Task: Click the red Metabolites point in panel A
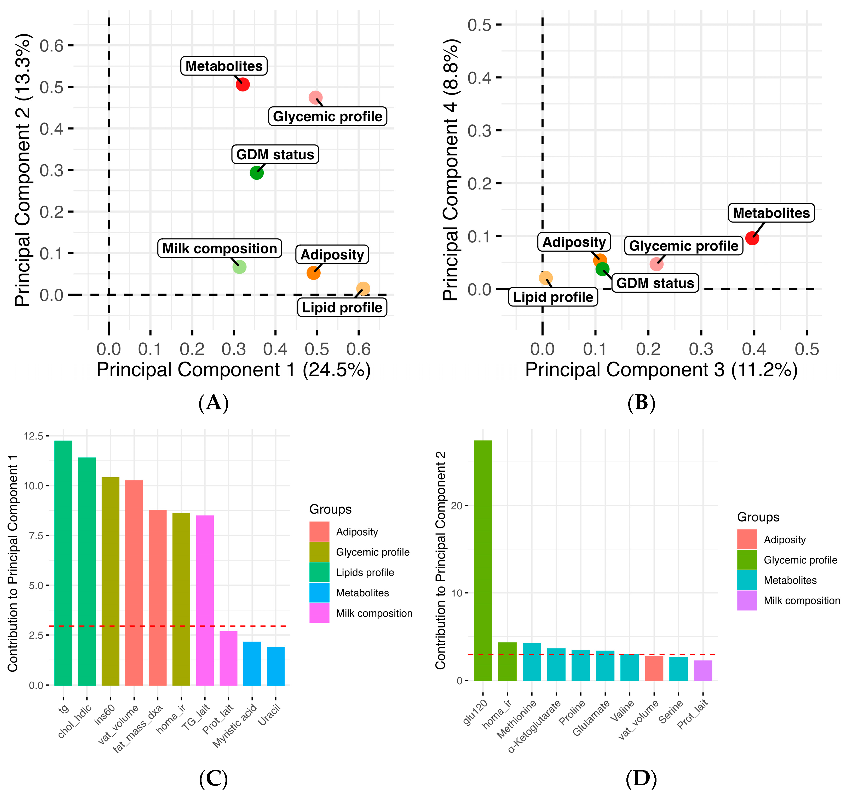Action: click(x=243, y=84)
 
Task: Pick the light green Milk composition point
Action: click(x=239, y=267)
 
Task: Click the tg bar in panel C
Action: click(x=63, y=562)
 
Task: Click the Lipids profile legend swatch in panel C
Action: click(x=319, y=572)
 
